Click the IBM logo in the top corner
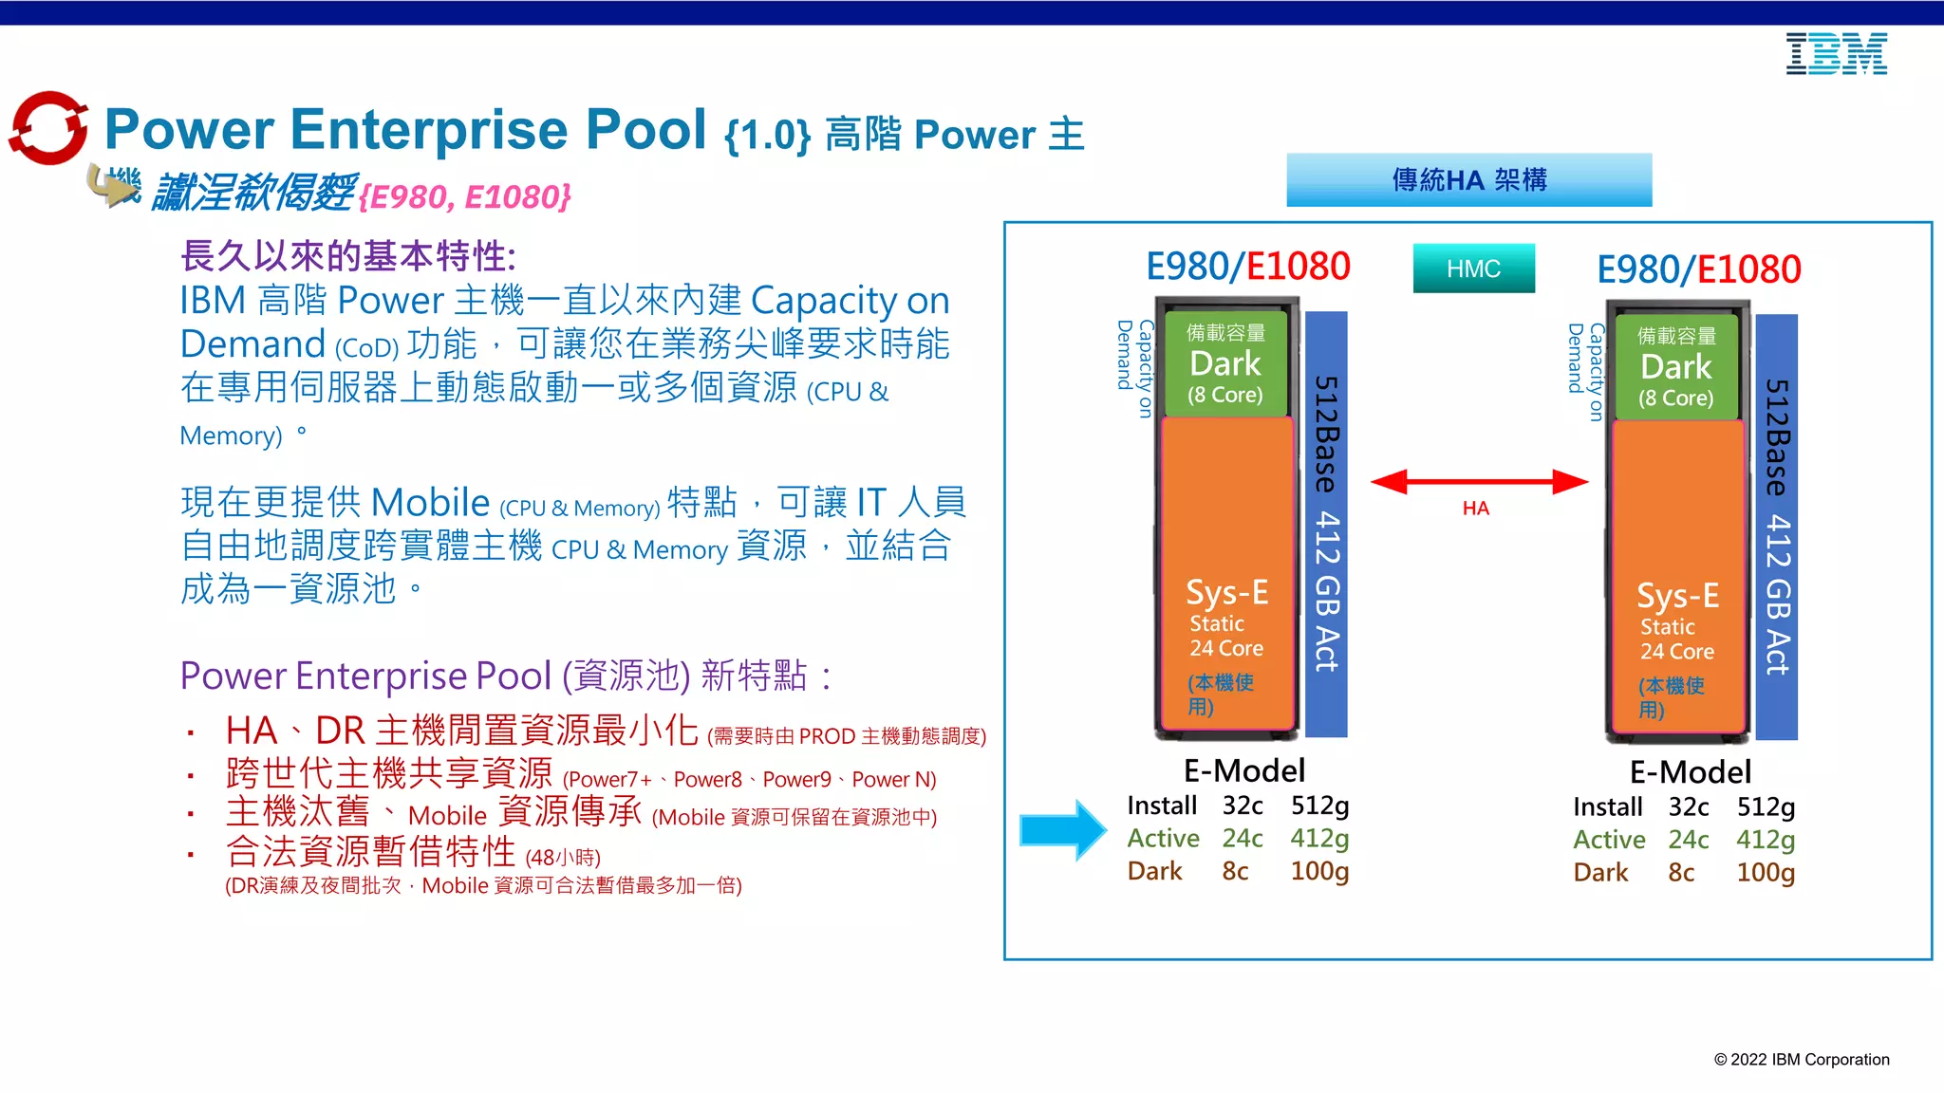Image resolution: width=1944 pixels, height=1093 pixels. point(1836,54)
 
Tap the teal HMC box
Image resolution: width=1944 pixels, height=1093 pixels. point(1473,269)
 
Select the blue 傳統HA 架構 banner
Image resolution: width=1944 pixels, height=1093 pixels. point(1468,179)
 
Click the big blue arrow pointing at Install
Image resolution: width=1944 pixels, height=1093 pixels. point(1062,830)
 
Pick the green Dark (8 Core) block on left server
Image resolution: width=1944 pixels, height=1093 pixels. point(1225,364)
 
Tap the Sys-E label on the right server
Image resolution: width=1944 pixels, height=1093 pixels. point(1677,596)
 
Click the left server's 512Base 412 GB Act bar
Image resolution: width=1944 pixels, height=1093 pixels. point(1326,524)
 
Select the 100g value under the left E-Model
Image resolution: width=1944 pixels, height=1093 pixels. point(1319,871)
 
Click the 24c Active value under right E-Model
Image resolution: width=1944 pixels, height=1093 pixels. point(1688,840)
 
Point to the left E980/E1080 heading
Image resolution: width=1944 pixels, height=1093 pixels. point(1248,267)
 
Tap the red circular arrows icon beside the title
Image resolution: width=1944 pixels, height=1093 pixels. point(47,128)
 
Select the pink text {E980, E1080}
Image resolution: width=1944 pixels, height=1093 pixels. point(465,196)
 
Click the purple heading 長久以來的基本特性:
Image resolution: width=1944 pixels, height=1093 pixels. point(347,256)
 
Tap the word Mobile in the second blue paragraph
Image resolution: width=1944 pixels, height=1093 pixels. point(430,502)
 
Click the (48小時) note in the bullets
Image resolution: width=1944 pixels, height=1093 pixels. point(563,858)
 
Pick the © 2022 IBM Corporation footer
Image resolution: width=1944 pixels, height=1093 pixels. point(1801,1060)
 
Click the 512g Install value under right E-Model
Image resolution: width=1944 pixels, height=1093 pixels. point(1766,807)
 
